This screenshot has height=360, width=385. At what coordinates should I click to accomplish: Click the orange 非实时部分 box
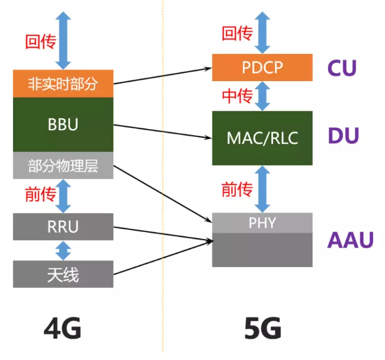click(x=63, y=83)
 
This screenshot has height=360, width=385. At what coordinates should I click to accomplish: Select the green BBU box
click(x=63, y=125)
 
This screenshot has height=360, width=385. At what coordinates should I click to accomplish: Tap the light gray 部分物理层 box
click(x=63, y=166)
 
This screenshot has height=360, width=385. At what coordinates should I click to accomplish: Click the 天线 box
click(x=63, y=274)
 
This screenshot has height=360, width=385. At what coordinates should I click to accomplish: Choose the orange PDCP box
click(x=262, y=67)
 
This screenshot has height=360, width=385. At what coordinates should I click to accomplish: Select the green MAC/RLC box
click(x=262, y=138)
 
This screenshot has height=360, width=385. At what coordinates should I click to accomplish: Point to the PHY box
click(x=262, y=223)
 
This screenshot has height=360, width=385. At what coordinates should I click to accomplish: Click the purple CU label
click(x=342, y=67)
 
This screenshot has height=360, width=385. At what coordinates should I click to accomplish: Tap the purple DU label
click(x=343, y=136)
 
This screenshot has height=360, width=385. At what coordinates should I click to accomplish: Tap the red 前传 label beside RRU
click(x=40, y=194)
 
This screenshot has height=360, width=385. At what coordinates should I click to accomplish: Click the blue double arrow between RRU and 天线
click(x=63, y=249)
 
